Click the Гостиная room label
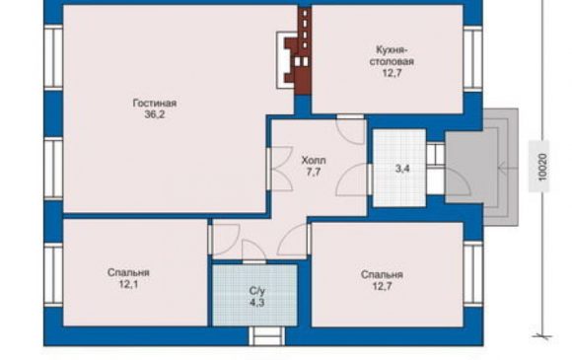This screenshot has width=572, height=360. pyautogui.click(x=155, y=104)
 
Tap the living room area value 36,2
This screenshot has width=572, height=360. pyautogui.click(x=155, y=114)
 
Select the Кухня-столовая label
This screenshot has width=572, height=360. pyautogui.click(x=392, y=55)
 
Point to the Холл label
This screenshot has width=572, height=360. pyautogui.click(x=314, y=160)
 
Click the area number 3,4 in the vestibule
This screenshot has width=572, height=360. pyautogui.click(x=402, y=169)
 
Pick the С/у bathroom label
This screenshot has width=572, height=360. pyautogui.click(x=257, y=291)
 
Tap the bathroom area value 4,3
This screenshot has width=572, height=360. pyautogui.click(x=257, y=303)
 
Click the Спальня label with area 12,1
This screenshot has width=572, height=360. pyautogui.click(x=128, y=272)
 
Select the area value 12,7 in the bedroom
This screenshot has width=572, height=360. pyautogui.click(x=382, y=286)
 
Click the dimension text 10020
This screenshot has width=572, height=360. pyautogui.click(x=543, y=167)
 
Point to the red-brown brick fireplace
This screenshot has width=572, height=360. pyautogui.click(x=299, y=51)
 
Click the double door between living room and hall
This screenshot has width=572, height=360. pyautogui.click(x=279, y=169)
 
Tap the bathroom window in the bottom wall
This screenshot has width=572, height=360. pyautogui.click(x=266, y=336)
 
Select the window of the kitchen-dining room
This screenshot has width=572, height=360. pyautogui.click(x=473, y=58)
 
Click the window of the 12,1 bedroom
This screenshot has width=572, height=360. pyautogui.click(x=53, y=274)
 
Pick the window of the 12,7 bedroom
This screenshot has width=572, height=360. pyautogui.click(x=473, y=273)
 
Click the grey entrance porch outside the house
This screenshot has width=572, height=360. pyautogui.click(x=481, y=167)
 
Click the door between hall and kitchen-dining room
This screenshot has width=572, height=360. pyautogui.click(x=350, y=129)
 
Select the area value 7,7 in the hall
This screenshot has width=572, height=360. pyautogui.click(x=314, y=172)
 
